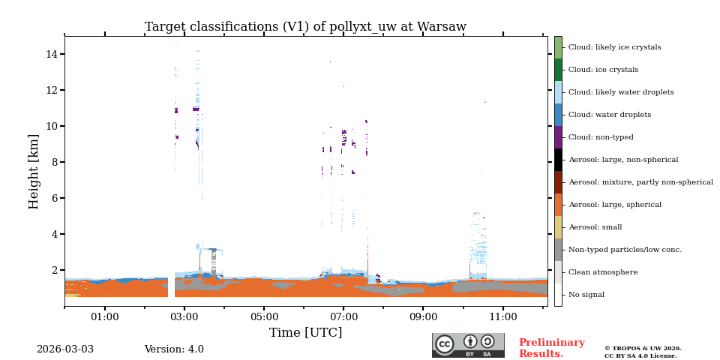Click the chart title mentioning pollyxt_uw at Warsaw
click(x=305, y=27)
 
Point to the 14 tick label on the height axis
click(x=52, y=54)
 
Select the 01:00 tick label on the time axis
click(x=104, y=317)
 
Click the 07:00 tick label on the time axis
click(x=343, y=317)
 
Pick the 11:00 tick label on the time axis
click(x=502, y=317)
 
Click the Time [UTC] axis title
click(x=305, y=333)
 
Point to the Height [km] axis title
click(x=34, y=171)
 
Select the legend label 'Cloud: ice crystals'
click(x=603, y=70)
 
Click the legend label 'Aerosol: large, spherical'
click(x=614, y=205)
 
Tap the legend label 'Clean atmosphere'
click(x=603, y=272)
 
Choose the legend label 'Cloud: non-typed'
click(x=600, y=137)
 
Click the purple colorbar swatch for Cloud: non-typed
click(x=558, y=137)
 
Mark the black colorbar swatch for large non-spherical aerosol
click(x=558, y=160)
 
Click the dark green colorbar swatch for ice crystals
click(x=558, y=70)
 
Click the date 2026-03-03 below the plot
click(x=65, y=349)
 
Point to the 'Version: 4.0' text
click(x=174, y=349)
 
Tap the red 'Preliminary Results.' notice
click(x=551, y=348)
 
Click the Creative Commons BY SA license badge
click(x=468, y=345)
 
